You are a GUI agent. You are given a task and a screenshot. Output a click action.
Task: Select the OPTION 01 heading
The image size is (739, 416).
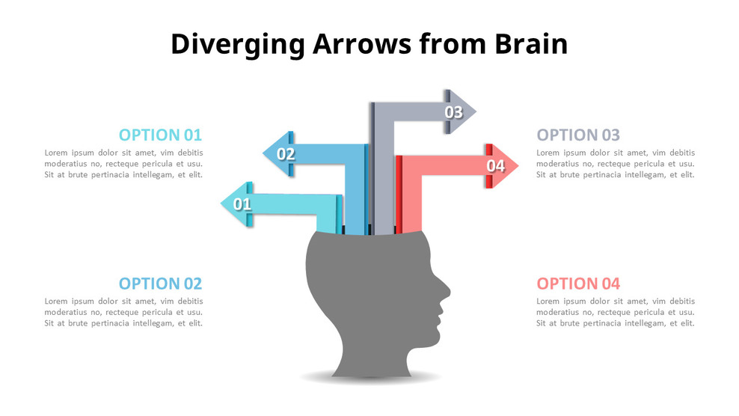(160, 135)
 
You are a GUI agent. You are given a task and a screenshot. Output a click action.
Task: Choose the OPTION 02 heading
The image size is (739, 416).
(160, 284)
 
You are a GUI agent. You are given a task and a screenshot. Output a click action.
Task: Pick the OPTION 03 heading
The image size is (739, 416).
(578, 135)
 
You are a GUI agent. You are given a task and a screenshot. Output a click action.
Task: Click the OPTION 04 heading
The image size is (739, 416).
(578, 284)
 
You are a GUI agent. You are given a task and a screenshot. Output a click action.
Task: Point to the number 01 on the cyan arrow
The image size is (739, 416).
(242, 204)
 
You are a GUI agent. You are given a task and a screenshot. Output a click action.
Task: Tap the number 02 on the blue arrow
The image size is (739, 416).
(286, 155)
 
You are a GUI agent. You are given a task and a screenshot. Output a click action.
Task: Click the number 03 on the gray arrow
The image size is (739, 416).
(454, 113)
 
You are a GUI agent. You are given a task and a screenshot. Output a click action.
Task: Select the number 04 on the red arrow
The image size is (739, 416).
(496, 166)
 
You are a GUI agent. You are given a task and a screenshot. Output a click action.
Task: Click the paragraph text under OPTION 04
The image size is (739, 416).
(615, 312)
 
